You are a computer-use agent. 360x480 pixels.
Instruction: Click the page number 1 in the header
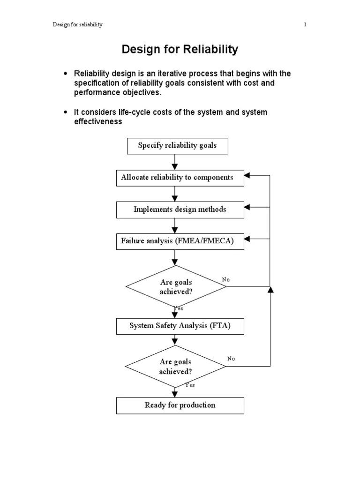point(305,25)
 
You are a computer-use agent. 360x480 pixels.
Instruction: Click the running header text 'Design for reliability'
point(77,25)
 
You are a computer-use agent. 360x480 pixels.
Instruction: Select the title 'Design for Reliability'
point(180,49)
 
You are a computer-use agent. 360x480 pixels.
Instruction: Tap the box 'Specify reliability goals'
point(178,146)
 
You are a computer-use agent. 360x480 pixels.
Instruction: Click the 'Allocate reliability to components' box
point(180,178)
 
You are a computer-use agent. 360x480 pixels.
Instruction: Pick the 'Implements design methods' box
point(180,210)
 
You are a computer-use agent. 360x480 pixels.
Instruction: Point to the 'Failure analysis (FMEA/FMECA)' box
point(180,241)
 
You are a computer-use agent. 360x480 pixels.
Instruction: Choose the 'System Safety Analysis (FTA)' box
point(180,326)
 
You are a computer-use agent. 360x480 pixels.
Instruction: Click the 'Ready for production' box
point(180,405)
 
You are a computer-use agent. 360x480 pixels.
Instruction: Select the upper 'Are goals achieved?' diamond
point(176,287)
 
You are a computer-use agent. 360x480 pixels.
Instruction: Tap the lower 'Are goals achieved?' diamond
point(176,367)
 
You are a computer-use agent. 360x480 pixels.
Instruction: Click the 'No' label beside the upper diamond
point(226,280)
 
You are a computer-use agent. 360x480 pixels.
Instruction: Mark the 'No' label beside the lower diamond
point(231,359)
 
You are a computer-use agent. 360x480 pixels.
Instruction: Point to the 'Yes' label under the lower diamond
point(190,385)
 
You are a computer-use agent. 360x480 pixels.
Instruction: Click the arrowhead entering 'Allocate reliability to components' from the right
point(247,175)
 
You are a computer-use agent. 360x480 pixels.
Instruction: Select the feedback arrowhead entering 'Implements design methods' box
point(247,207)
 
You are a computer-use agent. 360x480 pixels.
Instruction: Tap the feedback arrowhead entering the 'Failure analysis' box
point(247,239)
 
